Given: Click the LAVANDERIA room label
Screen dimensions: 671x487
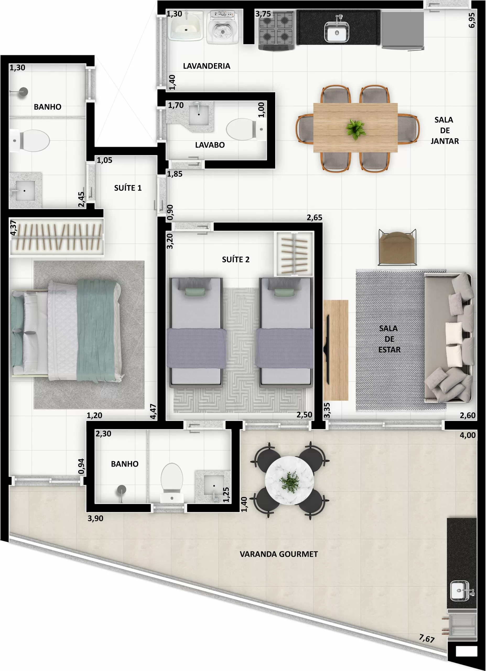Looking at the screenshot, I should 207,66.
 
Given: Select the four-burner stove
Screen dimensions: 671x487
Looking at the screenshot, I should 276,30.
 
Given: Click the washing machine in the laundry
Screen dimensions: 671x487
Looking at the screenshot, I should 223,27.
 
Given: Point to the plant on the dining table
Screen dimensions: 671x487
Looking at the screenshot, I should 355,129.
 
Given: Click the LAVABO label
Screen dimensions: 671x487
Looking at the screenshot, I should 210,145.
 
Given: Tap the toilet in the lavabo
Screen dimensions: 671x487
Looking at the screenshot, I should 243,129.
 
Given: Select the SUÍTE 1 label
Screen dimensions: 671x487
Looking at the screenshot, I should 128,188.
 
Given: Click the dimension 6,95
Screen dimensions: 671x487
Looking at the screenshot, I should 472,20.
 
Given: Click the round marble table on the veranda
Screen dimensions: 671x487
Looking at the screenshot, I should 289,480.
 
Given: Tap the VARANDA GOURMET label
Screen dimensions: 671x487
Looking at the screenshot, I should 279,554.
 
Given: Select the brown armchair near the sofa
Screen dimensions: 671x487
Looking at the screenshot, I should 398,248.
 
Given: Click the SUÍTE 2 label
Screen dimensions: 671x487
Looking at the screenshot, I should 236,259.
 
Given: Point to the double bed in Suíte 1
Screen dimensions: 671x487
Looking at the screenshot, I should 67,330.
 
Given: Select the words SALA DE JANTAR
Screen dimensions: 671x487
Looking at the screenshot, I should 444,131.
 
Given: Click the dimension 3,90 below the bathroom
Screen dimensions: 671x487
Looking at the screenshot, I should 95,518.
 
